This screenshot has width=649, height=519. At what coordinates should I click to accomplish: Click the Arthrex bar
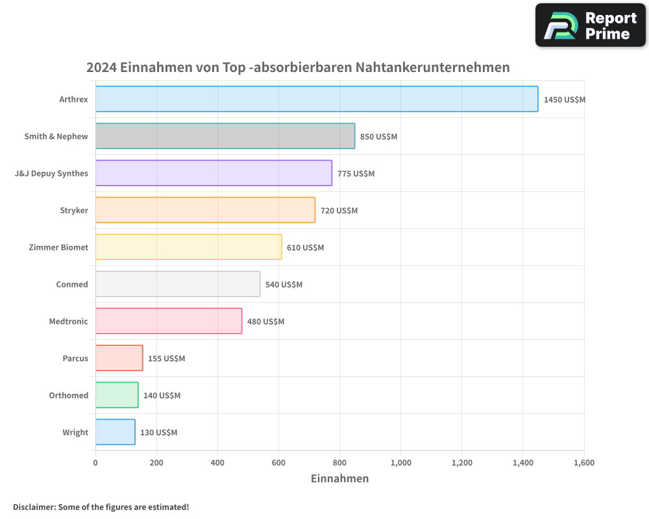pos(317,99)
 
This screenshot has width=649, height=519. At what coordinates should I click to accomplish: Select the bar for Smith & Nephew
pos(225,136)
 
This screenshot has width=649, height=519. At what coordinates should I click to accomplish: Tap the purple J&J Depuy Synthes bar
pos(214,173)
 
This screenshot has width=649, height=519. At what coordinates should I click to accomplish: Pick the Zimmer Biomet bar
pos(188,247)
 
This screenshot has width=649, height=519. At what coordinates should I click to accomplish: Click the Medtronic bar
pos(169,321)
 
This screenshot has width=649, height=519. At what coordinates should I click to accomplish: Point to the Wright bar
pos(115,432)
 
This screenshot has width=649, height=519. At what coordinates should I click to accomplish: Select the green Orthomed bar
pos(117,395)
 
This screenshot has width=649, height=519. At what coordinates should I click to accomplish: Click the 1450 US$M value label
pos(565,100)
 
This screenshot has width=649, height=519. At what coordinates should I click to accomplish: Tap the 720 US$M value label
pos(339,211)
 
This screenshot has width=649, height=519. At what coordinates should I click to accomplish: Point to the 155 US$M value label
pos(166,359)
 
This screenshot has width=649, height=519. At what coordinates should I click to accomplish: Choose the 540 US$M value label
pos(284,285)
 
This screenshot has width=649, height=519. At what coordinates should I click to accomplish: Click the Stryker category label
pos(73,210)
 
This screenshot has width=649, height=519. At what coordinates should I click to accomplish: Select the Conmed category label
pos(72,284)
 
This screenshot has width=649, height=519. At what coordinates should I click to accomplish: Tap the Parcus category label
pos(75,358)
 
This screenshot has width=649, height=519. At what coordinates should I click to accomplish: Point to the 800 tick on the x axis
pos(339,463)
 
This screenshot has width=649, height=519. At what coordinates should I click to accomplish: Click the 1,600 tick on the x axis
pos(583,463)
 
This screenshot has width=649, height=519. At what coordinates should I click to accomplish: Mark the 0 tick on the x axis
pos(95,463)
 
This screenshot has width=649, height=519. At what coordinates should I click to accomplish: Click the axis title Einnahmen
pos(339,479)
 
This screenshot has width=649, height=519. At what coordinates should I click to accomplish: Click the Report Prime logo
pos(590,25)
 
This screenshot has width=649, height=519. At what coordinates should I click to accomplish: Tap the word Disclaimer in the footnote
pos(33,507)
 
